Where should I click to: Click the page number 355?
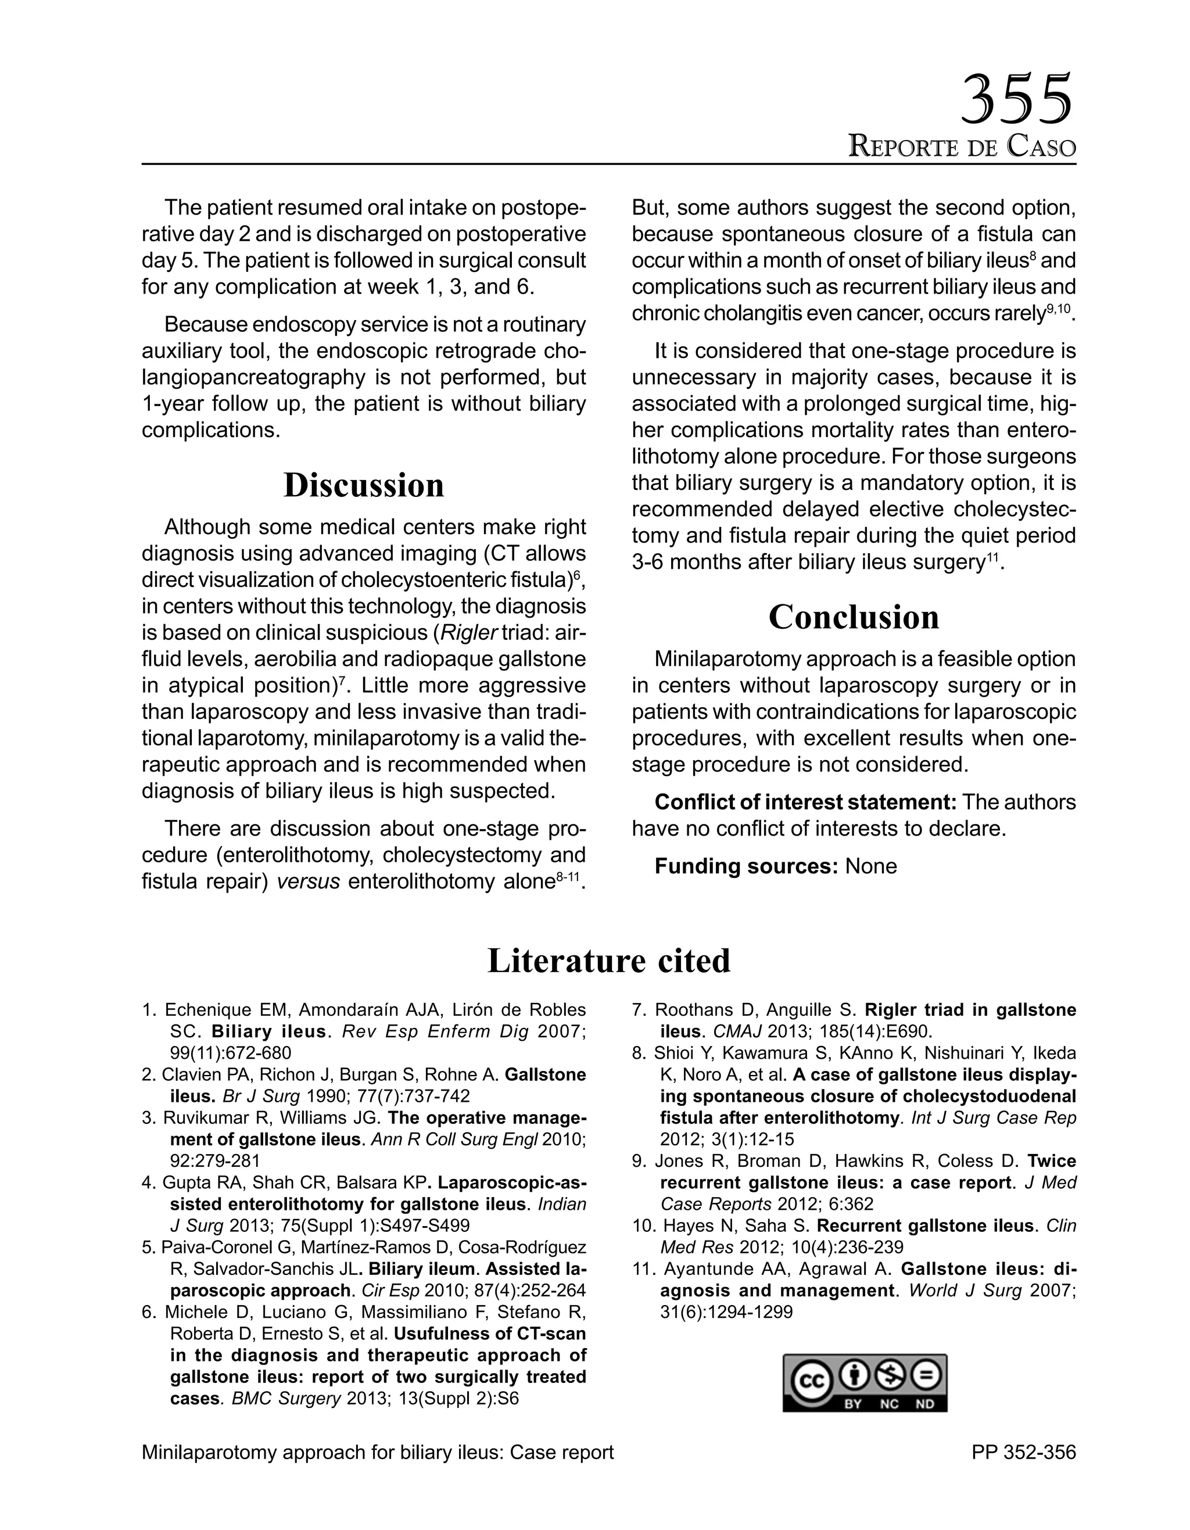pos(1015,99)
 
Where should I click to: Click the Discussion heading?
pos(364,485)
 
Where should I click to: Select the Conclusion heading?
pos(853,617)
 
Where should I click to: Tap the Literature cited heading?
pos(608,961)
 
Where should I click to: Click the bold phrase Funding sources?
pos(746,866)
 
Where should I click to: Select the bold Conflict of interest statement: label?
pos(805,802)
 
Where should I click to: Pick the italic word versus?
pos(308,882)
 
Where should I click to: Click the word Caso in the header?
pos(1041,146)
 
